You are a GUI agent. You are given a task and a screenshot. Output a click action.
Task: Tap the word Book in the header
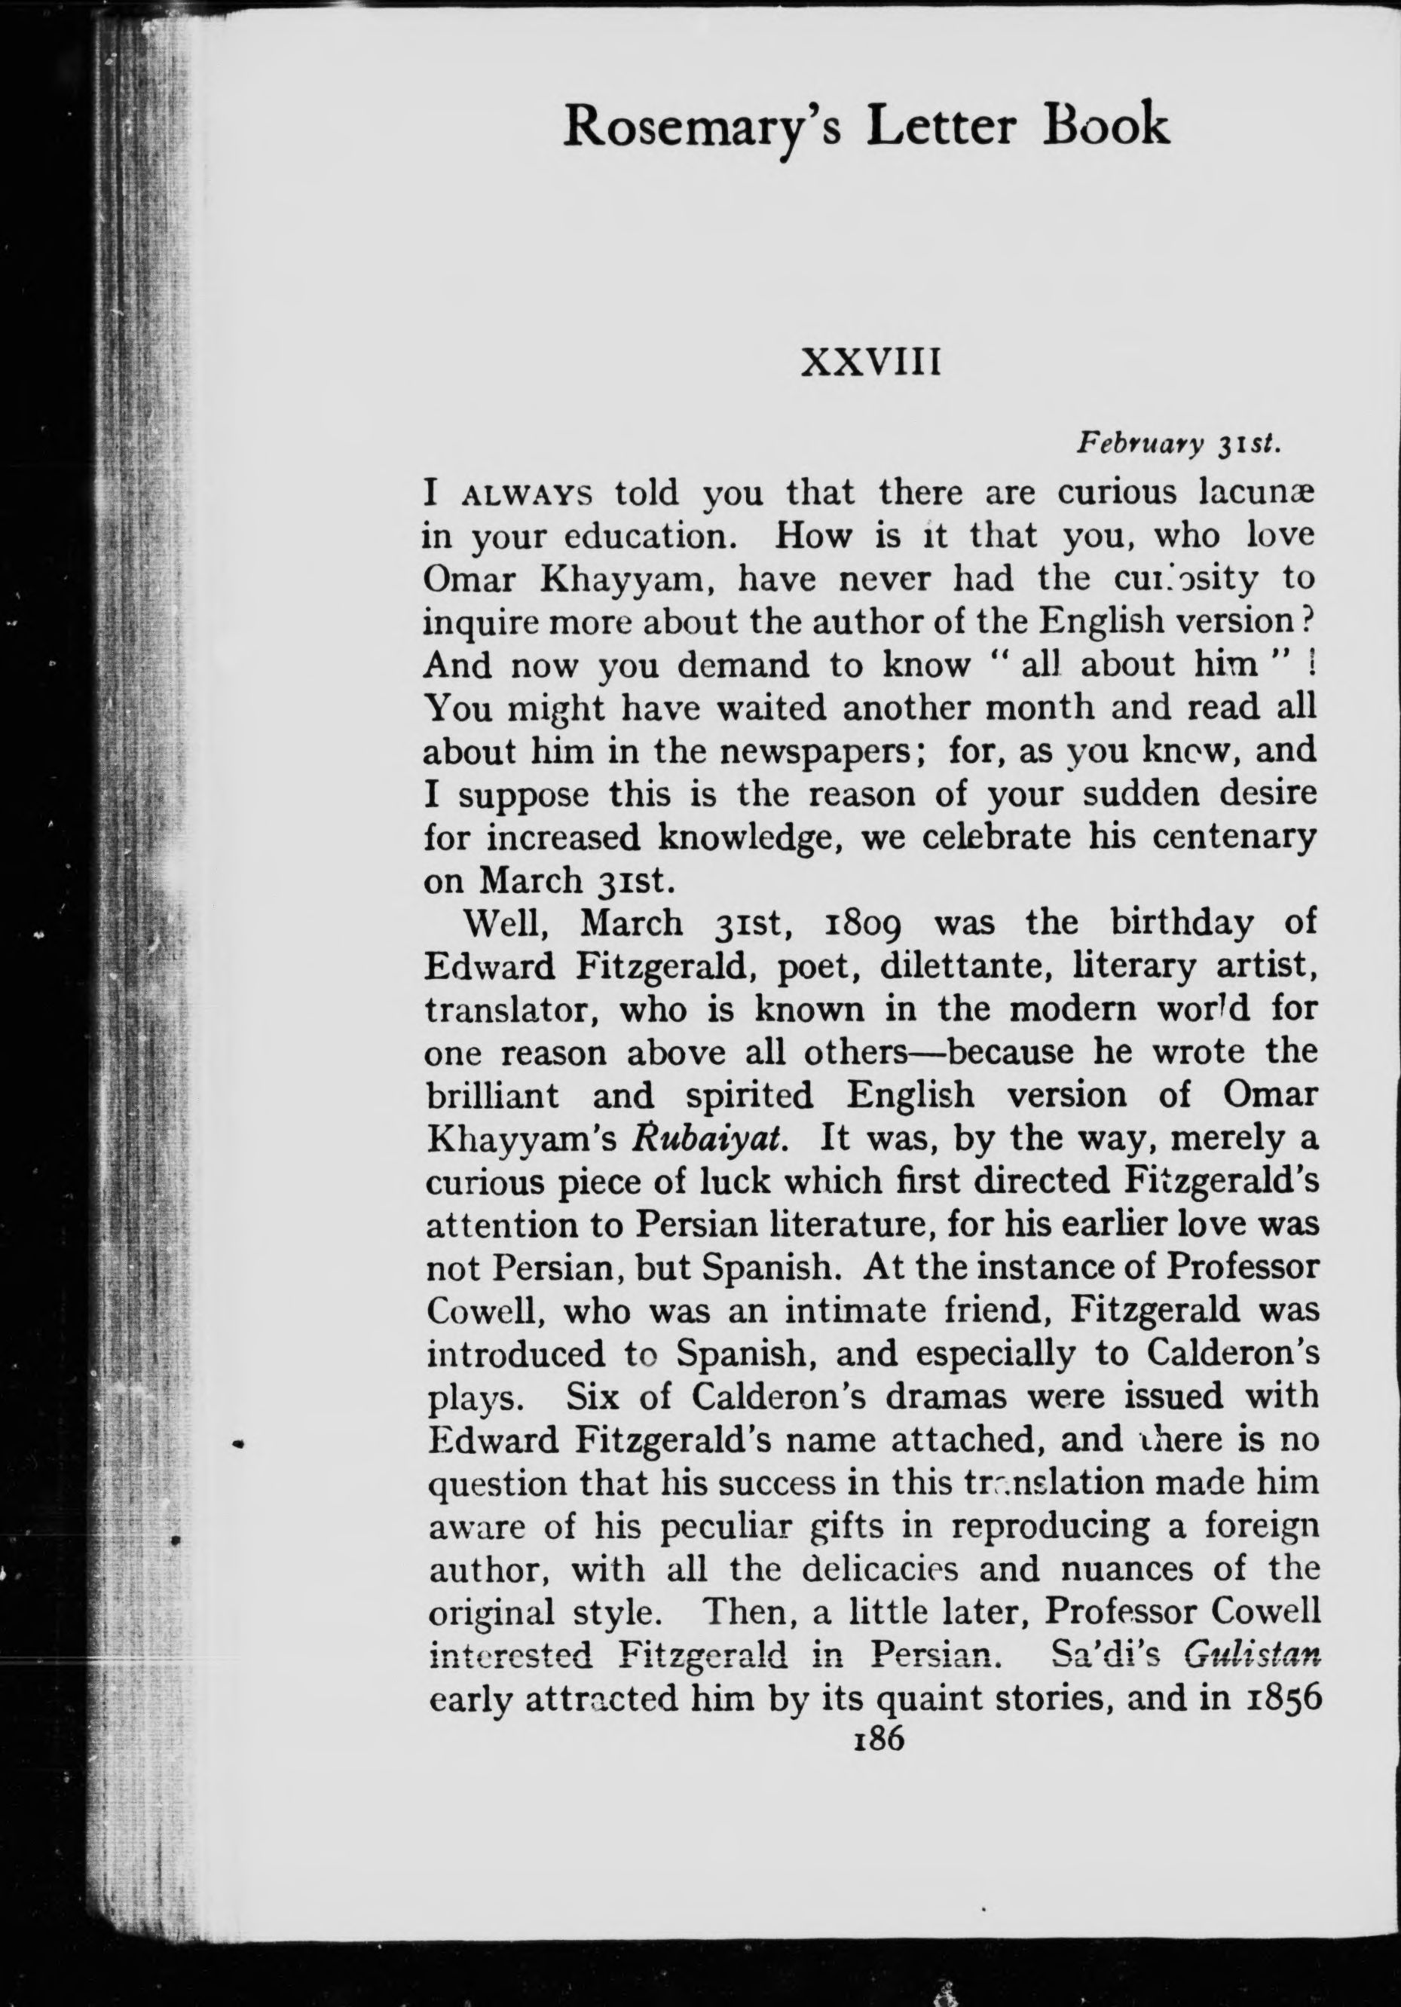(1105, 125)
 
